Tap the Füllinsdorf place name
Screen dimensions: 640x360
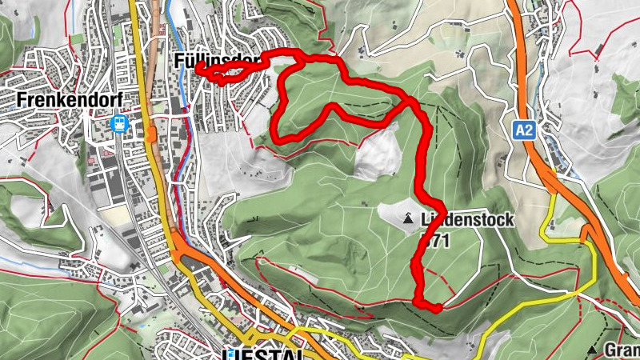coord(217,60)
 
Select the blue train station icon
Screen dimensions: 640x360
coord(119,124)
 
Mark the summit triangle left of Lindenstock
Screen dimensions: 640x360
coord(409,218)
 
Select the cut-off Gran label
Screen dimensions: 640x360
coord(622,350)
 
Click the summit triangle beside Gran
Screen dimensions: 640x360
coord(592,350)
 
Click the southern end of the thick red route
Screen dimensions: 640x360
coord(438,307)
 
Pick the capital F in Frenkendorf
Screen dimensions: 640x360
coord(21,100)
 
